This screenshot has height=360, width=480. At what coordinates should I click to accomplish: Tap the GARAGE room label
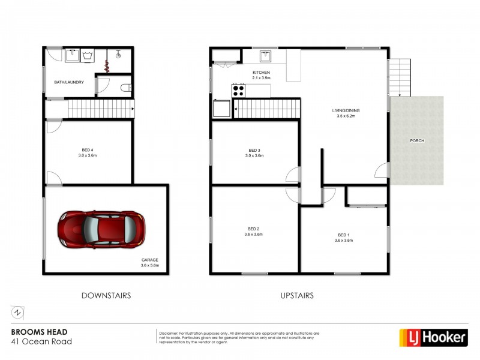pyautogui.click(x=149, y=262)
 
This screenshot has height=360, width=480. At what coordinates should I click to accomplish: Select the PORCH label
pyautogui.click(x=417, y=140)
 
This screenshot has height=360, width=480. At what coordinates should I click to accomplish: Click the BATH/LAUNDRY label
pyautogui.click(x=69, y=82)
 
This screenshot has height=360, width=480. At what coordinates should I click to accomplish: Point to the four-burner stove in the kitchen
pyautogui.click(x=238, y=91)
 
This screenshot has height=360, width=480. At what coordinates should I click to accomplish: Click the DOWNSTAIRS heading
pyautogui.click(x=106, y=295)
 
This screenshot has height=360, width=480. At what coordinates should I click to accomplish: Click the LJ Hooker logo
pyautogui.click(x=433, y=337)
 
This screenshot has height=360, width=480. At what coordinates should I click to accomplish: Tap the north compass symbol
pyautogui.click(x=18, y=313)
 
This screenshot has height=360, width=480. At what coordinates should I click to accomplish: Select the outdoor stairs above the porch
pyautogui.click(x=401, y=77)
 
